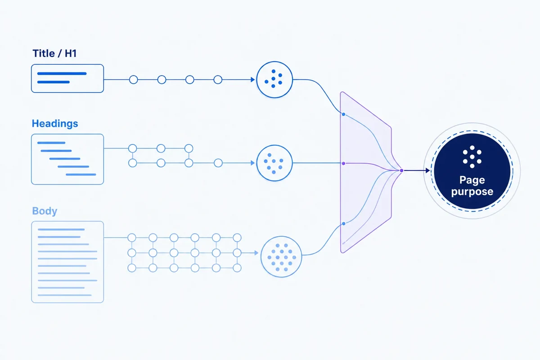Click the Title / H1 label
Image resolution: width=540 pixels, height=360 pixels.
(54, 53)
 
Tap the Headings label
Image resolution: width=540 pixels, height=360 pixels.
(55, 123)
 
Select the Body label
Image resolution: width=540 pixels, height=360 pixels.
(45, 211)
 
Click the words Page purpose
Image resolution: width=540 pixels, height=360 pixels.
(472, 186)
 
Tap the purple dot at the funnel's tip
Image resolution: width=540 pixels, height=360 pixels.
(401, 171)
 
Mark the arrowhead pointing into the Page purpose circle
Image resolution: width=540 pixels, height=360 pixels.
(427, 171)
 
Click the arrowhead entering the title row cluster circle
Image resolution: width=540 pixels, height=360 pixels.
(252, 80)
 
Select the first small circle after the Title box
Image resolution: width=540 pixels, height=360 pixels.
(134, 80)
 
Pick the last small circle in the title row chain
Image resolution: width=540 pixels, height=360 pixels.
(218, 80)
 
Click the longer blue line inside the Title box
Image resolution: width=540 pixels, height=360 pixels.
(62, 73)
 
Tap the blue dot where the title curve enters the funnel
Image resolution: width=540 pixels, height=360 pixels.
(343, 114)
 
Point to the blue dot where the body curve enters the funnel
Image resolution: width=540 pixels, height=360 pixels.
(343, 224)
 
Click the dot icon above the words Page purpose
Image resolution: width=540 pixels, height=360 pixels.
(472, 157)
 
